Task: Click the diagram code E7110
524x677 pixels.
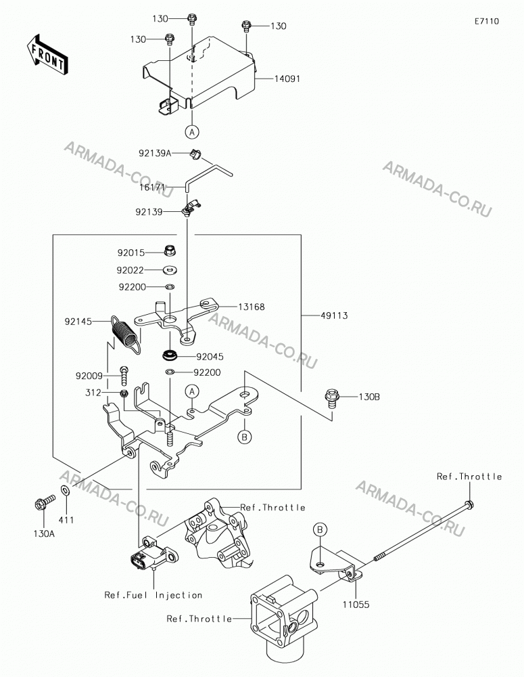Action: click(487, 21)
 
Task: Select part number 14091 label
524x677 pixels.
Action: click(287, 79)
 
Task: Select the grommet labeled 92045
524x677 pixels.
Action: click(170, 357)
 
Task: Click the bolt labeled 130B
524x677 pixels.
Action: click(333, 397)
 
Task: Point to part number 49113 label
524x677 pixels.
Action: click(334, 315)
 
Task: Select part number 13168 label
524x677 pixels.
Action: click(251, 307)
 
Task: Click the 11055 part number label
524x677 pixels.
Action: click(356, 605)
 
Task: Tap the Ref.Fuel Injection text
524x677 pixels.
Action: click(153, 595)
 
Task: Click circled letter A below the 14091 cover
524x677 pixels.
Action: click(192, 131)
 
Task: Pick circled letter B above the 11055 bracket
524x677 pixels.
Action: click(320, 530)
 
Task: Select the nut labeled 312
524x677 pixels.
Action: click(123, 393)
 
